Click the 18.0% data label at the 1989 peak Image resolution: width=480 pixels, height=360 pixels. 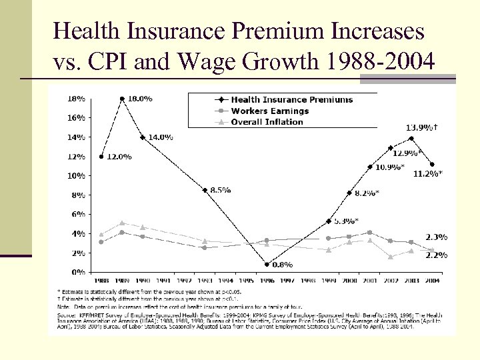139,99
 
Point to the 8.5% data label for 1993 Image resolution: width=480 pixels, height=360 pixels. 220,190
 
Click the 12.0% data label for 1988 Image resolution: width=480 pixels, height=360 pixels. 119,157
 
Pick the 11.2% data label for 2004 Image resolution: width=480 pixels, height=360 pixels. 428,173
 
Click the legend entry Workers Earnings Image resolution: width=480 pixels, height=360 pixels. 269,111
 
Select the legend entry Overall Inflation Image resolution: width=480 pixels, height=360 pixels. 267,121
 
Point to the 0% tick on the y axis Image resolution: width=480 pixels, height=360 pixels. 77,272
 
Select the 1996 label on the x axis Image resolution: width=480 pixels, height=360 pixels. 266,281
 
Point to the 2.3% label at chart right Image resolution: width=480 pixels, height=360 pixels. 437,237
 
